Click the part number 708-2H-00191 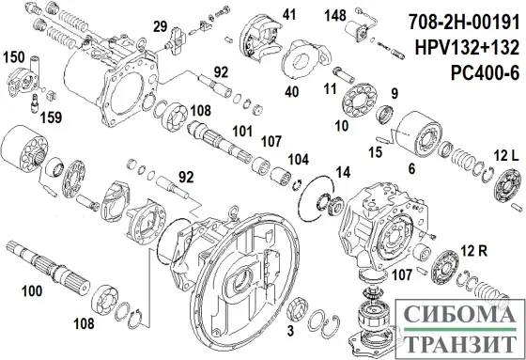(456, 20)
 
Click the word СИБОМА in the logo (457, 317)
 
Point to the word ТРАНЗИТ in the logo (457, 341)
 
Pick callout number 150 (17, 58)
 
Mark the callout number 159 (45, 118)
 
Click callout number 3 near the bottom (290, 332)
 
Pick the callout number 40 (291, 90)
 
